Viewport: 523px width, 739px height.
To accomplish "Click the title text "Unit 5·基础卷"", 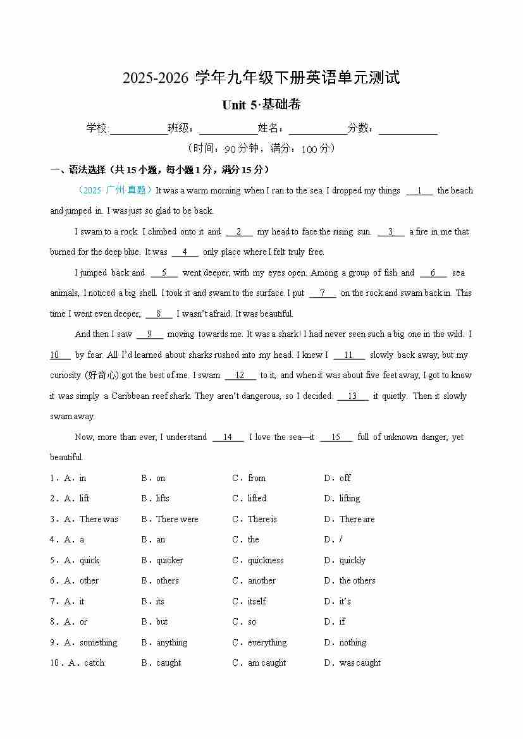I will point(261,105).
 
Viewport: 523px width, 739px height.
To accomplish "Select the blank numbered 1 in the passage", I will point(419,190).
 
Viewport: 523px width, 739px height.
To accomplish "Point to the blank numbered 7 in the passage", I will point(323,293).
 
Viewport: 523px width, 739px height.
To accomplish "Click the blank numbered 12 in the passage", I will point(240,376).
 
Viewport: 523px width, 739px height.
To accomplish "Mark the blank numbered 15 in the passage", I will point(336,437).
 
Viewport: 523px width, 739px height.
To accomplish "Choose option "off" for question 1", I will point(345,478).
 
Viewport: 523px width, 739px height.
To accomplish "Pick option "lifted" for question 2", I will point(257,498).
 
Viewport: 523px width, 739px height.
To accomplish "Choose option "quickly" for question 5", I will point(352,560).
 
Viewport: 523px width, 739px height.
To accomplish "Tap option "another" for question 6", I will point(261,580).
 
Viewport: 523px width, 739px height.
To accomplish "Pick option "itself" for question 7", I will point(257,601).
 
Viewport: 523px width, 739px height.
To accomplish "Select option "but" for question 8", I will point(162,621).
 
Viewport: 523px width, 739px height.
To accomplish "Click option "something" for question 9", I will point(98,642).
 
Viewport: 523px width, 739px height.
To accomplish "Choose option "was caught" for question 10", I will point(360,663).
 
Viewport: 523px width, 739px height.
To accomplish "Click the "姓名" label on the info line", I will point(270,128).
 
